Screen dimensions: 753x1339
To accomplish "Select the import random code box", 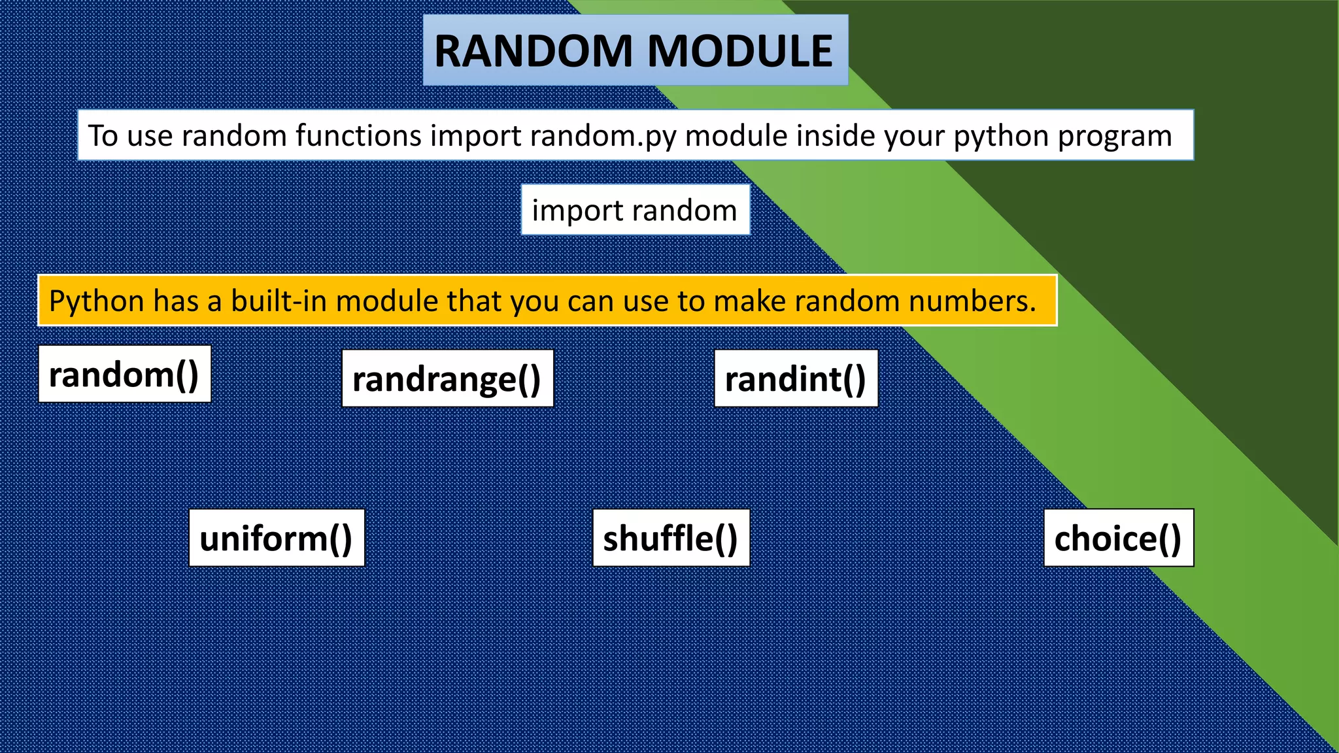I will (635, 210).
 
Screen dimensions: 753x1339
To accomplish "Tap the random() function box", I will (124, 375).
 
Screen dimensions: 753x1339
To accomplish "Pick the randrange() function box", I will (447, 378).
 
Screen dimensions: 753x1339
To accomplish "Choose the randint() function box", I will (796, 378).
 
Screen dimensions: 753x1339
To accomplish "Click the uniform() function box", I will (277, 538).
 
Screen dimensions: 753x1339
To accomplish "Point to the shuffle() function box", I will (671, 538).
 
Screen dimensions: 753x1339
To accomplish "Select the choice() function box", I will (1118, 538).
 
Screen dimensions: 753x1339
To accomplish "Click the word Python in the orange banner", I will (96, 301).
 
